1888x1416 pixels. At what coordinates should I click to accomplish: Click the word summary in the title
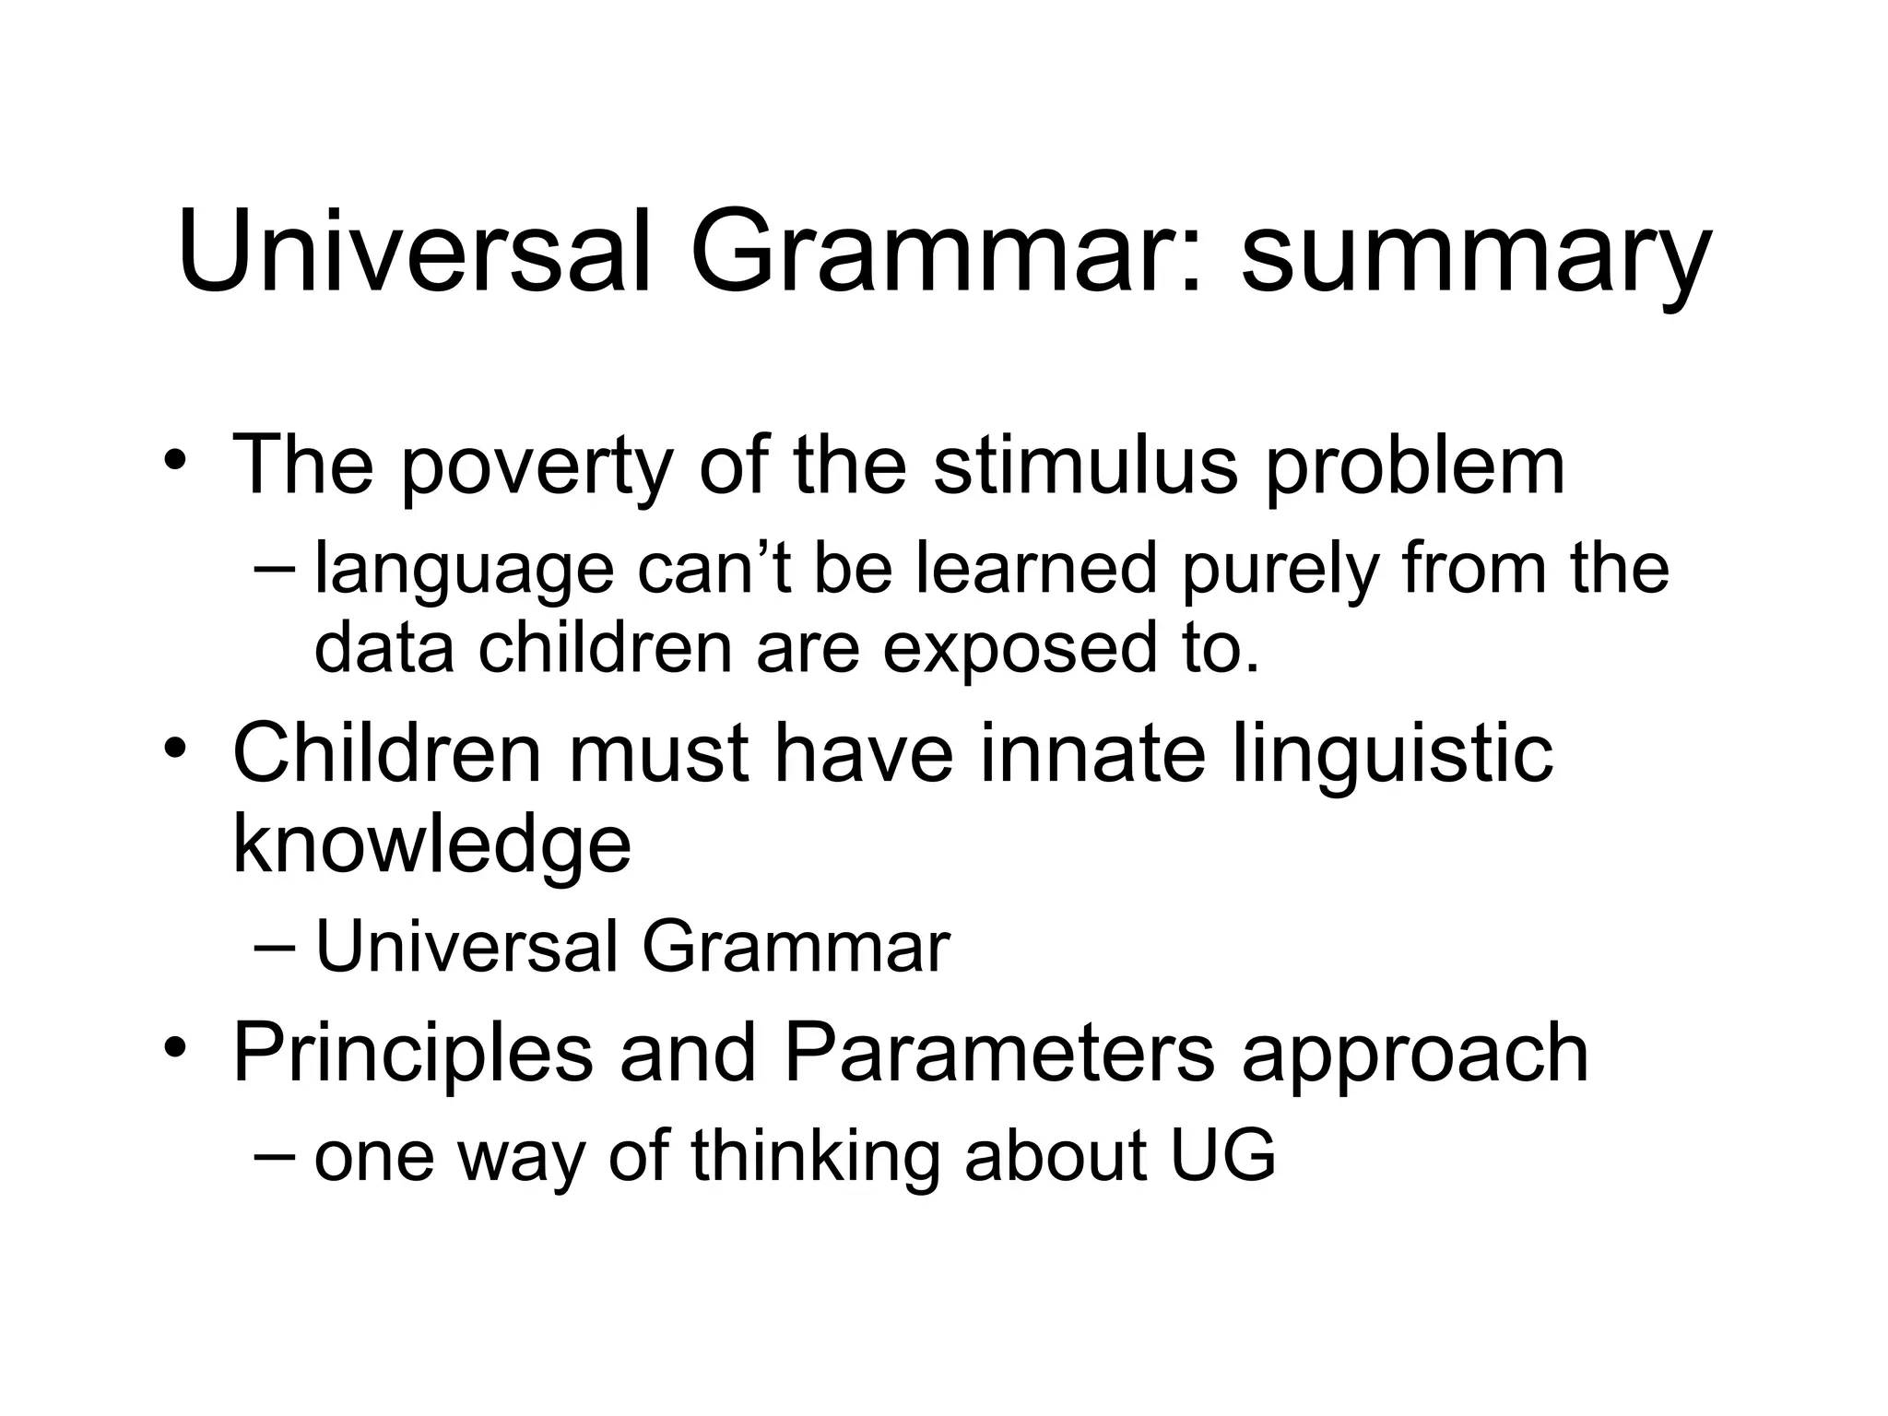point(1475,254)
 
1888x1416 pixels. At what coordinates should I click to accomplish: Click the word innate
point(1092,753)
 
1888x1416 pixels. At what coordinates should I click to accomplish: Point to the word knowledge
point(431,845)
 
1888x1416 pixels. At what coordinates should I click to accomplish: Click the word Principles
point(412,1055)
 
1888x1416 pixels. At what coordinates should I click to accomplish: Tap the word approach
point(1415,1056)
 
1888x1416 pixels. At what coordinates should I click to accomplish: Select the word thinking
point(816,1158)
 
